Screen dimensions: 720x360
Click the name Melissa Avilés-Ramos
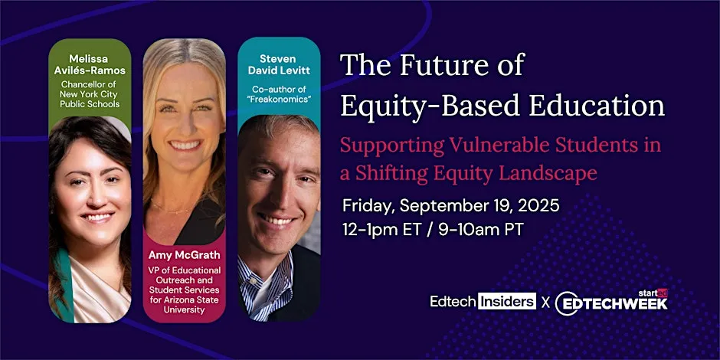[90, 64]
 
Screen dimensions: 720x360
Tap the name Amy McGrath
[184, 255]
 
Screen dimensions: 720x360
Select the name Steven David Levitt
[278, 64]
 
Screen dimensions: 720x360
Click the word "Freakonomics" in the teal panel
[278, 100]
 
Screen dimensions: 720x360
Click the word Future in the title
[443, 66]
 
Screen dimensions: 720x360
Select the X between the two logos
[545, 302]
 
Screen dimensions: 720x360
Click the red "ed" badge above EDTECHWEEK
[662, 292]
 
